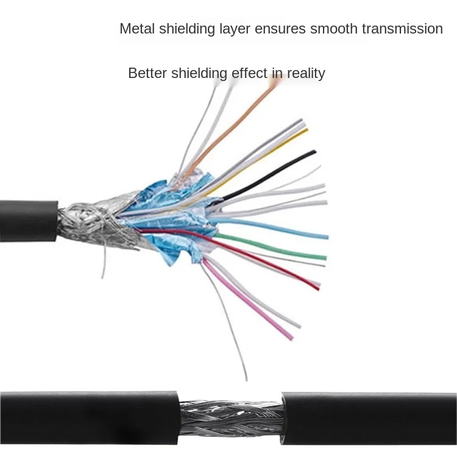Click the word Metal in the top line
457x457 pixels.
pyautogui.click(x=136, y=29)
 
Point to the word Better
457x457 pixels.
pyautogui.click(x=147, y=74)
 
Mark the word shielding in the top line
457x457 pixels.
pyautogui.click(x=186, y=29)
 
